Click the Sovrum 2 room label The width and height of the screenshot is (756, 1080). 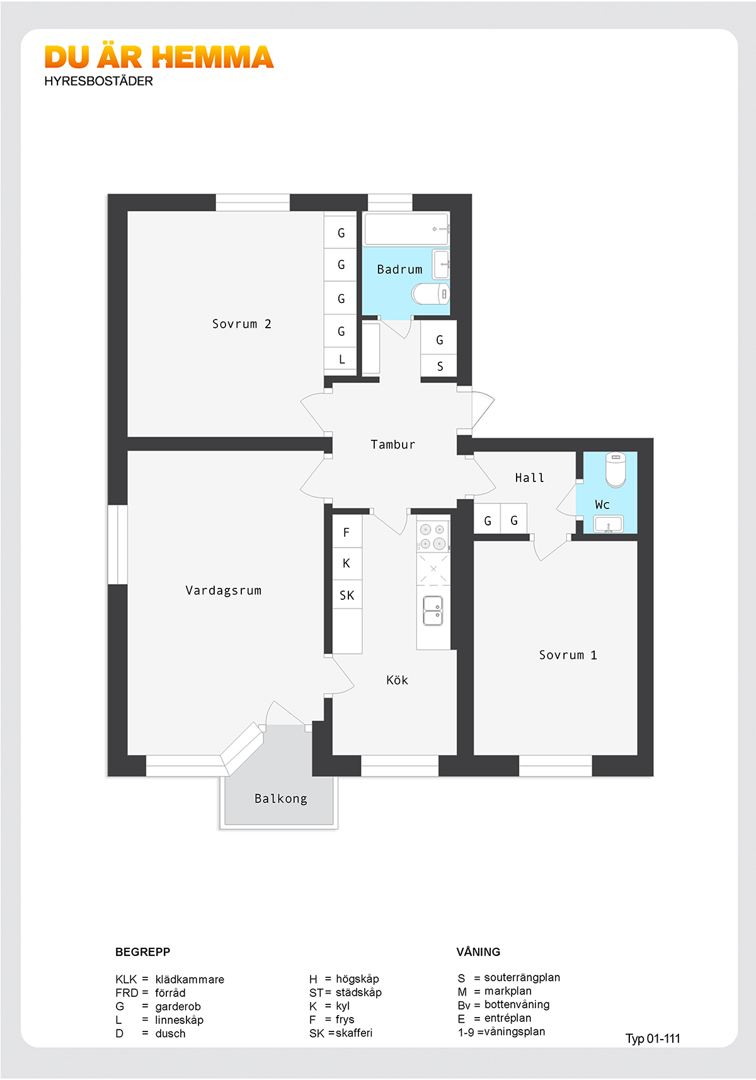pyautogui.click(x=241, y=324)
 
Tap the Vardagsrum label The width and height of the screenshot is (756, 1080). pyautogui.click(x=224, y=590)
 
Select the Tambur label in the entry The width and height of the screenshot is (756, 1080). pyautogui.click(x=392, y=444)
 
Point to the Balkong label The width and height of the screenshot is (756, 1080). pyautogui.click(x=280, y=799)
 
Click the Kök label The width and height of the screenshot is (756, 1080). pyautogui.click(x=398, y=681)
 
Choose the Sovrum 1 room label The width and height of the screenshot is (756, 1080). pyautogui.click(x=568, y=655)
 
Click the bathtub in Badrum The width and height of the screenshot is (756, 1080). pyautogui.click(x=407, y=229)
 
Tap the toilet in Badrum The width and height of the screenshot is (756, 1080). pyautogui.click(x=430, y=294)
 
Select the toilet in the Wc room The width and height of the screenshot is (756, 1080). pyautogui.click(x=616, y=469)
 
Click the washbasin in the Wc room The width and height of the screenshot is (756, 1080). pyautogui.click(x=608, y=524)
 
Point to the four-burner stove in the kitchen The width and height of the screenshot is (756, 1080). pyautogui.click(x=432, y=537)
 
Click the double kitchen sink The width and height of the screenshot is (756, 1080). pyautogui.click(x=432, y=611)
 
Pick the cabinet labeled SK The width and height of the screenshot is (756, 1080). pyautogui.click(x=347, y=594)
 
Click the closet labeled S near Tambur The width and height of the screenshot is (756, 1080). pyautogui.click(x=438, y=367)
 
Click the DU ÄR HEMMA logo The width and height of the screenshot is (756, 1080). pyautogui.click(x=159, y=57)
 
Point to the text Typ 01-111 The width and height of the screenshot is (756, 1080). pyautogui.click(x=653, y=1038)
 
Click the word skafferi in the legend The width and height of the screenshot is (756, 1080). pyautogui.click(x=354, y=1033)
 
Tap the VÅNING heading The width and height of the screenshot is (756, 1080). pyautogui.click(x=478, y=951)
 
